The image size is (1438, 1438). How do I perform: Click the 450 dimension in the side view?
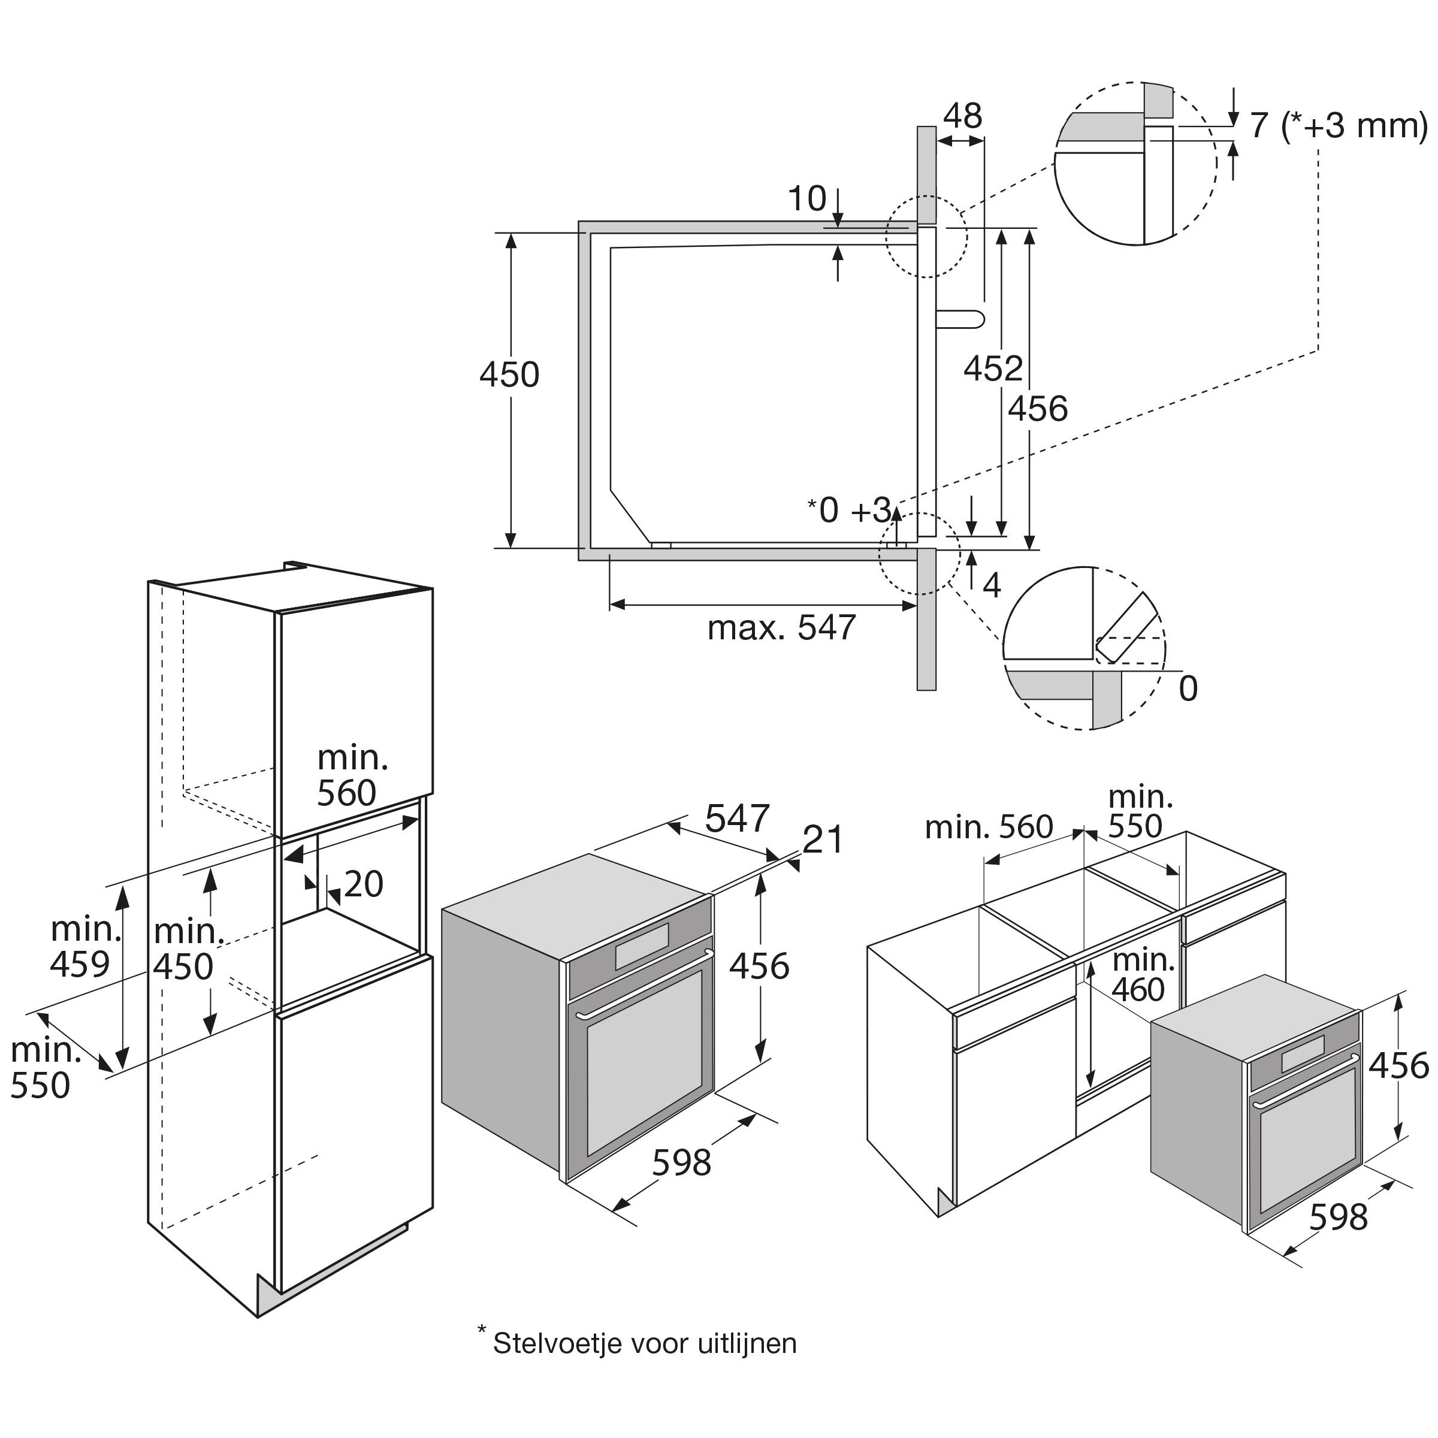[x=509, y=375]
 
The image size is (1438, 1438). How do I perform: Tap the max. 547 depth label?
[x=781, y=627]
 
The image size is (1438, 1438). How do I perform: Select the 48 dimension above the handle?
[x=962, y=116]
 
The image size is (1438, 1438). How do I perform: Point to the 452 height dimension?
[x=993, y=368]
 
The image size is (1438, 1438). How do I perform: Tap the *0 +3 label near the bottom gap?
[x=850, y=510]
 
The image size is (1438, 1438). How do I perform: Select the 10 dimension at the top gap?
[x=807, y=199]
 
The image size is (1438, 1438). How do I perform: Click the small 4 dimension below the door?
[x=992, y=587]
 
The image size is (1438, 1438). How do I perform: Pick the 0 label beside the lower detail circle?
[x=1189, y=689]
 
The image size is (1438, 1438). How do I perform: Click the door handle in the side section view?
[x=960, y=319]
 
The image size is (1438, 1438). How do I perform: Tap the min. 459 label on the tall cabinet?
[x=82, y=947]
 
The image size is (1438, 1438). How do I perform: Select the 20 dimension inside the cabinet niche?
[x=363, y=884]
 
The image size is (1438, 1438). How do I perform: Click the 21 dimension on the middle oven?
[x=824, y=840]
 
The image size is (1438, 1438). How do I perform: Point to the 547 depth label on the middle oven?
[x=737, y=818]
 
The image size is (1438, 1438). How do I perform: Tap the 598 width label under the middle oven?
[x=682, y=1162]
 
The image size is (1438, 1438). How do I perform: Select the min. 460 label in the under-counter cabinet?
[x=1143, y=975]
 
